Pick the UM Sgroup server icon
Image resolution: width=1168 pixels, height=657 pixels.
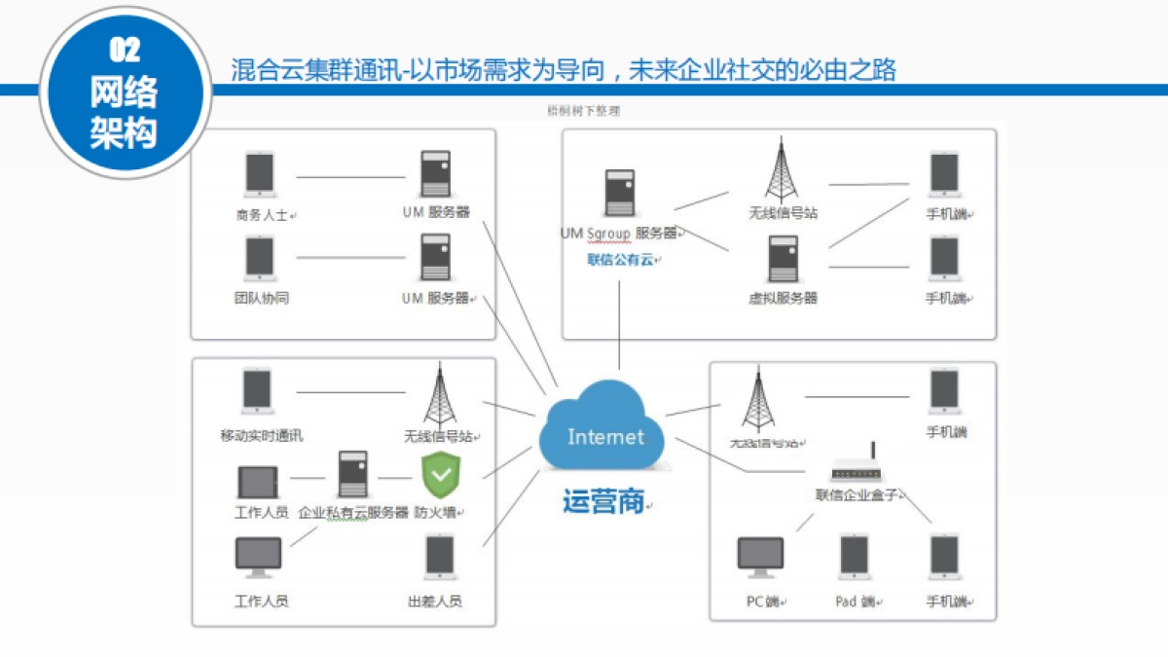[x=620, y=193]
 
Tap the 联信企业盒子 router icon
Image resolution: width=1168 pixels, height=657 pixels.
[x=857, y=469]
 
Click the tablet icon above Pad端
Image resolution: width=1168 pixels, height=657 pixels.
[x=854, y=558]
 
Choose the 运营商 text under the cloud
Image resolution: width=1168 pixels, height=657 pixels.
[x=603, y=501]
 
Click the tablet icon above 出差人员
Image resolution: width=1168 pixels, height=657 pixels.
[x=440, y=558]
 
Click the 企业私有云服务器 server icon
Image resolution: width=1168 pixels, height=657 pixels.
[x=352, y=475]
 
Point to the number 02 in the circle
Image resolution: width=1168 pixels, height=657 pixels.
[x=125, y=49]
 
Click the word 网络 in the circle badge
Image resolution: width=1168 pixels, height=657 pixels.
[x=124, y=92]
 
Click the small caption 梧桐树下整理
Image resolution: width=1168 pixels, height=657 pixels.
[x=583, y=111]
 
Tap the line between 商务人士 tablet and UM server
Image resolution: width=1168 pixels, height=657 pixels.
[x=350, y=177]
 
